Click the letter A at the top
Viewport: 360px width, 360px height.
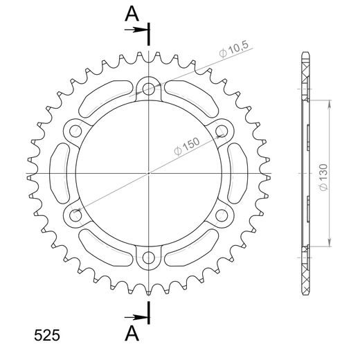click(x=132, y=14)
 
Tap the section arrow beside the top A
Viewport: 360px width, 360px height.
click(x=138, y=29)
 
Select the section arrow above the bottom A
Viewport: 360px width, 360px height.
click(x=138, y=318)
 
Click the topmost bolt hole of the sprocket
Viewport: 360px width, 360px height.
click(x=149, y=88)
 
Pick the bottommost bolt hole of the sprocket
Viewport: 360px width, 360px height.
click(x=149, y=258)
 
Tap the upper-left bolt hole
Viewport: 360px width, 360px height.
click(x=75, y=130)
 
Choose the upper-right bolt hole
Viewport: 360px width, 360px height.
click(x=222, y=130)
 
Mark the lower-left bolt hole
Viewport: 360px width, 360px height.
click(x=75, y=215)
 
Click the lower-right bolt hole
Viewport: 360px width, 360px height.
click(x=222, y=215)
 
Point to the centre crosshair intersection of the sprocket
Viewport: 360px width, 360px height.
click(x=149, y=173)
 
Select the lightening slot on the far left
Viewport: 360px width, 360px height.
click(x=58, y=173)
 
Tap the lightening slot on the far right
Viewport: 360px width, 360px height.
click(x=240, y=173)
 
